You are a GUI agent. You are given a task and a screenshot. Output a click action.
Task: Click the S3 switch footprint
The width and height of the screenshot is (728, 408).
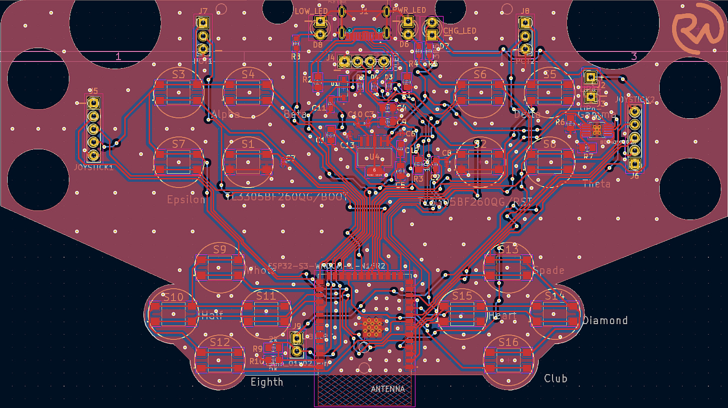[178, 92]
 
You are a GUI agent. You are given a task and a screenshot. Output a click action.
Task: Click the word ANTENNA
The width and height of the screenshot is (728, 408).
[387, 389]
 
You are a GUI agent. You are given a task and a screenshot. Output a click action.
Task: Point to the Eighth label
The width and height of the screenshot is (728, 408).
[266, 382]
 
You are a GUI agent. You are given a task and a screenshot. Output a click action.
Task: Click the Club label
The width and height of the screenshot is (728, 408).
[555, 379]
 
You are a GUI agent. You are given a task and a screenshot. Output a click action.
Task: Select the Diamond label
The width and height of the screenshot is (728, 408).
[605, 320]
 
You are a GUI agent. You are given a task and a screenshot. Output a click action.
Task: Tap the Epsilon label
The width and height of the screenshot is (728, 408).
[186, 200]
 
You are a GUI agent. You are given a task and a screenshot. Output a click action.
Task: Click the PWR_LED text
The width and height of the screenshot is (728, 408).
[409, 10]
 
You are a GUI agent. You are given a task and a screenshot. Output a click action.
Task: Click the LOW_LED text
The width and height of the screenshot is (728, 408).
[311, 11]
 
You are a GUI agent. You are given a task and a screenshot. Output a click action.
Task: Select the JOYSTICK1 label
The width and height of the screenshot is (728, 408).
[94, 167]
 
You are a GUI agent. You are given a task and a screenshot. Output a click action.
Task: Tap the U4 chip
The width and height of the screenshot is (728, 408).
[374, 159]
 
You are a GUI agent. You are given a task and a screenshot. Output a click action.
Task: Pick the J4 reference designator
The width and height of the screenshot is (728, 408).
[330, 57]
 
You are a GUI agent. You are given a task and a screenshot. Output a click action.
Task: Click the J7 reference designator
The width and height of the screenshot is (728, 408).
[203, 10]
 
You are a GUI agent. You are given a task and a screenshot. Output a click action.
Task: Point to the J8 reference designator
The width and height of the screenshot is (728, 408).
[524, 10]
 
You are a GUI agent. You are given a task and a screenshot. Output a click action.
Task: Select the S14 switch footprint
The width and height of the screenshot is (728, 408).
[554, 312]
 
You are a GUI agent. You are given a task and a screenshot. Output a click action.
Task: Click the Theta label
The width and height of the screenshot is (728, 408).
[597, 184]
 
